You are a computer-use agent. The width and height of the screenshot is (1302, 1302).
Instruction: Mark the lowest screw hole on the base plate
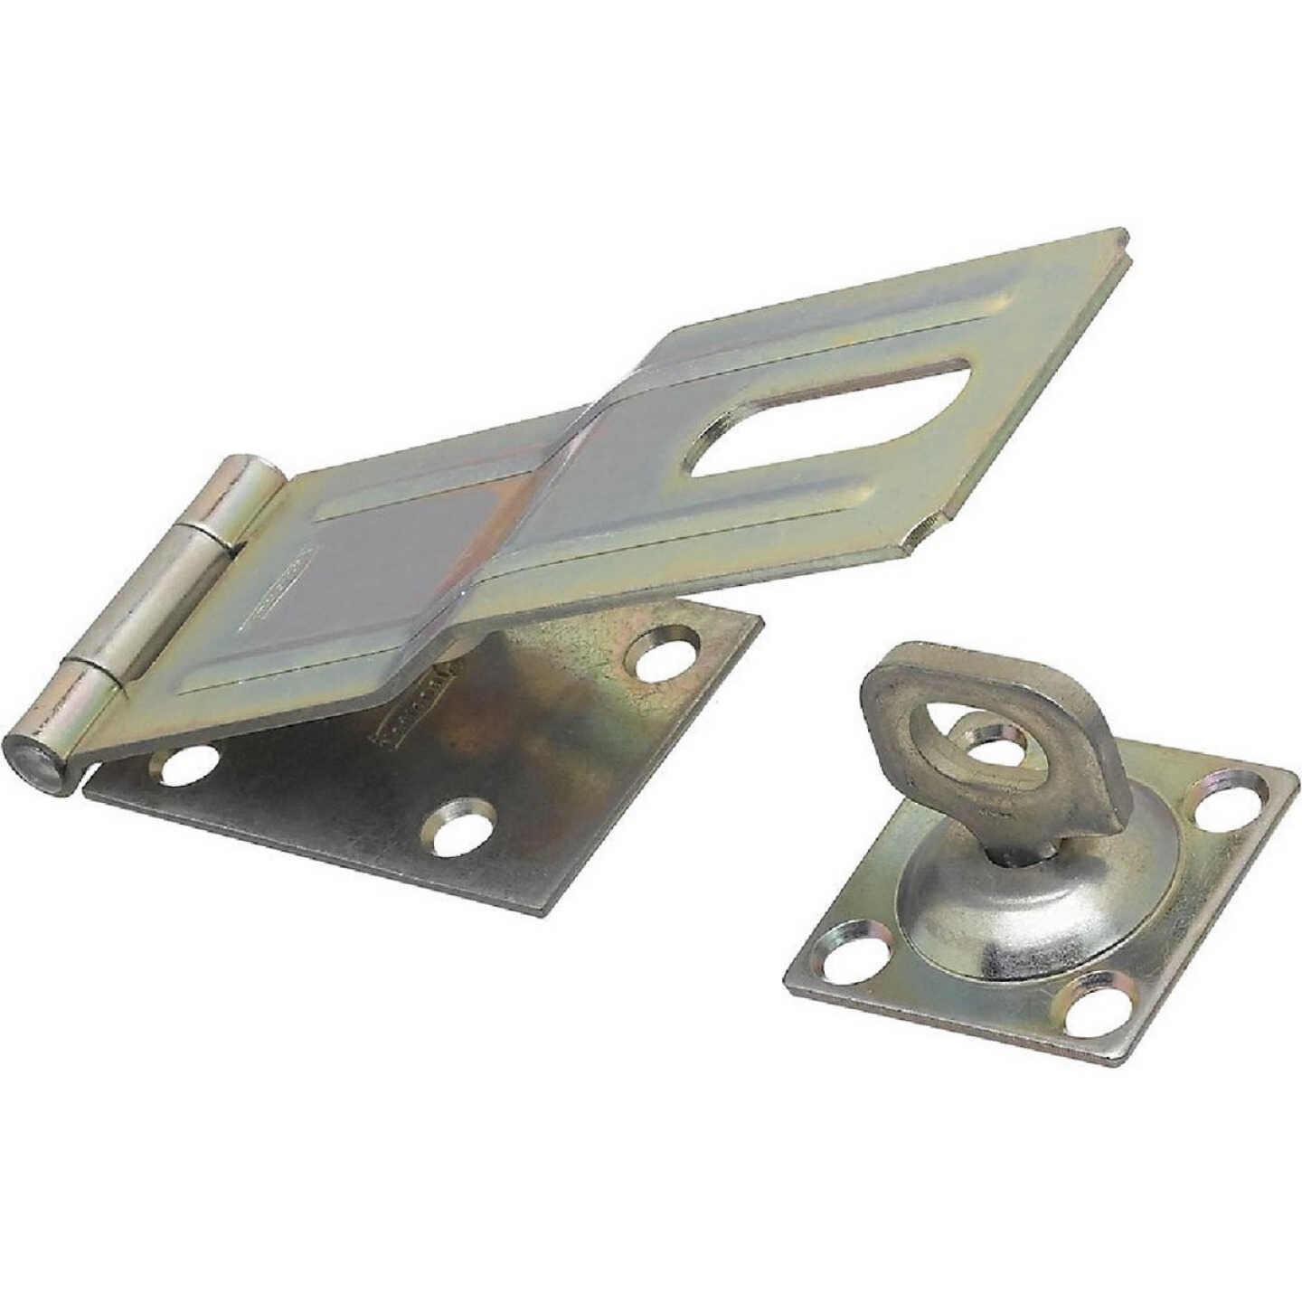(x=462, y=824)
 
